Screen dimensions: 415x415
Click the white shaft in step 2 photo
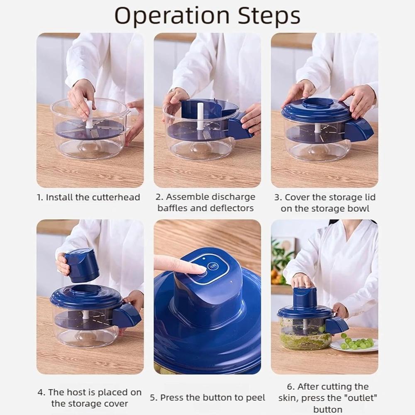point(200,116)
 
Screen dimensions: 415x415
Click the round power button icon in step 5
point(212,266)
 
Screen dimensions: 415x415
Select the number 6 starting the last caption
point(290,387)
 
